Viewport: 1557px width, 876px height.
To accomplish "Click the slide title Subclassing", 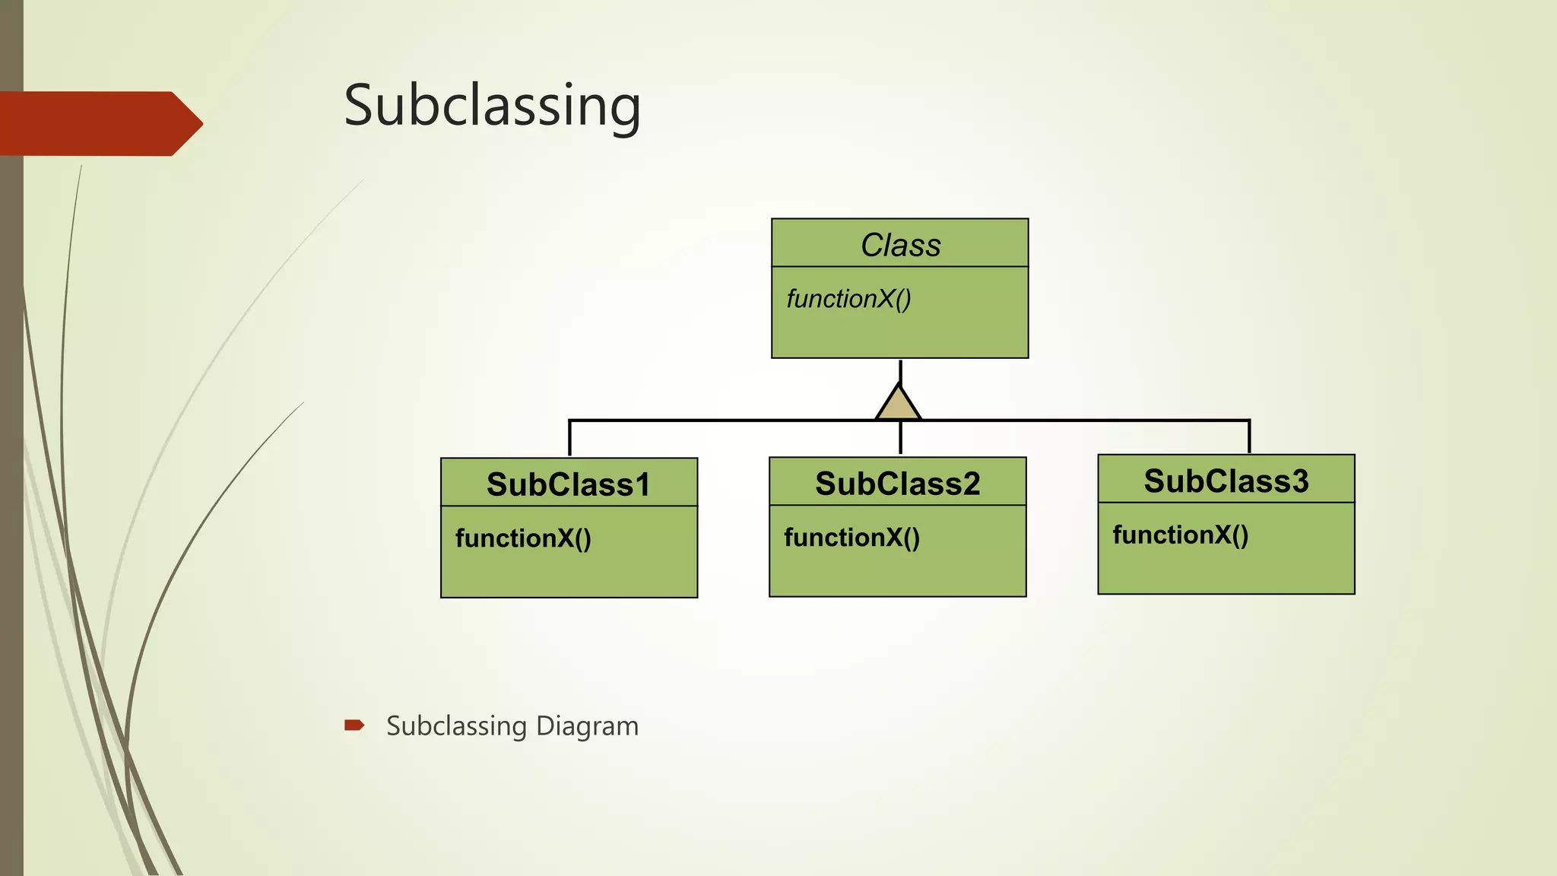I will [x=492, y=106].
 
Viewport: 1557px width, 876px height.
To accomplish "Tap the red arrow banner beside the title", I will [x=99, y=123].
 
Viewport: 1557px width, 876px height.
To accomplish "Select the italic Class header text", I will [x=900, y=245].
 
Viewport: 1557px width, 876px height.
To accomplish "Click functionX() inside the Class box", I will [x=848, y=299].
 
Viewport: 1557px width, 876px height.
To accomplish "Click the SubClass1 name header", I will [x=568, y=484].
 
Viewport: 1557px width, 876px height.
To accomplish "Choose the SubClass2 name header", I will [x=897, y=484].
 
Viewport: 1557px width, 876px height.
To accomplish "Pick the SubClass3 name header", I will [x=1226, y=481].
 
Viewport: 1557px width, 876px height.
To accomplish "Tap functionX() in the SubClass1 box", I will [x=523, y=538].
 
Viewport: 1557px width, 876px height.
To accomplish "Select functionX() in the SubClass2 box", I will [x=851, y=538].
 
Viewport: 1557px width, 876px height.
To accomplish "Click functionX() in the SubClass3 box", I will [x=1180, y=535].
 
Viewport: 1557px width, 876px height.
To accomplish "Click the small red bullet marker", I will [x=354, y=725].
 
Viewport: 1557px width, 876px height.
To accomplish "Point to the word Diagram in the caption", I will [x=587, y=726].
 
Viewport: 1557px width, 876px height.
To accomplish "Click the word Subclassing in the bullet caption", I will [x=456, y=726].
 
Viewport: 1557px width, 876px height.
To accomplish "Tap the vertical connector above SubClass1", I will [x=569, y=438].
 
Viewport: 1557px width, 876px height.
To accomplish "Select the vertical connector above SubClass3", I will [x=1249, y=436].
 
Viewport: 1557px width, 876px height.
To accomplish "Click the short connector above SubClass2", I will [x=900, y=439].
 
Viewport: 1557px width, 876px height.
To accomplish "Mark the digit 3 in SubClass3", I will [x=1299, y=481].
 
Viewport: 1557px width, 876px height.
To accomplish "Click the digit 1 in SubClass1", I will [x=642, y=484].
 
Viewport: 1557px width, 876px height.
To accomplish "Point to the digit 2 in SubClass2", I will [x=970, y=484].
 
